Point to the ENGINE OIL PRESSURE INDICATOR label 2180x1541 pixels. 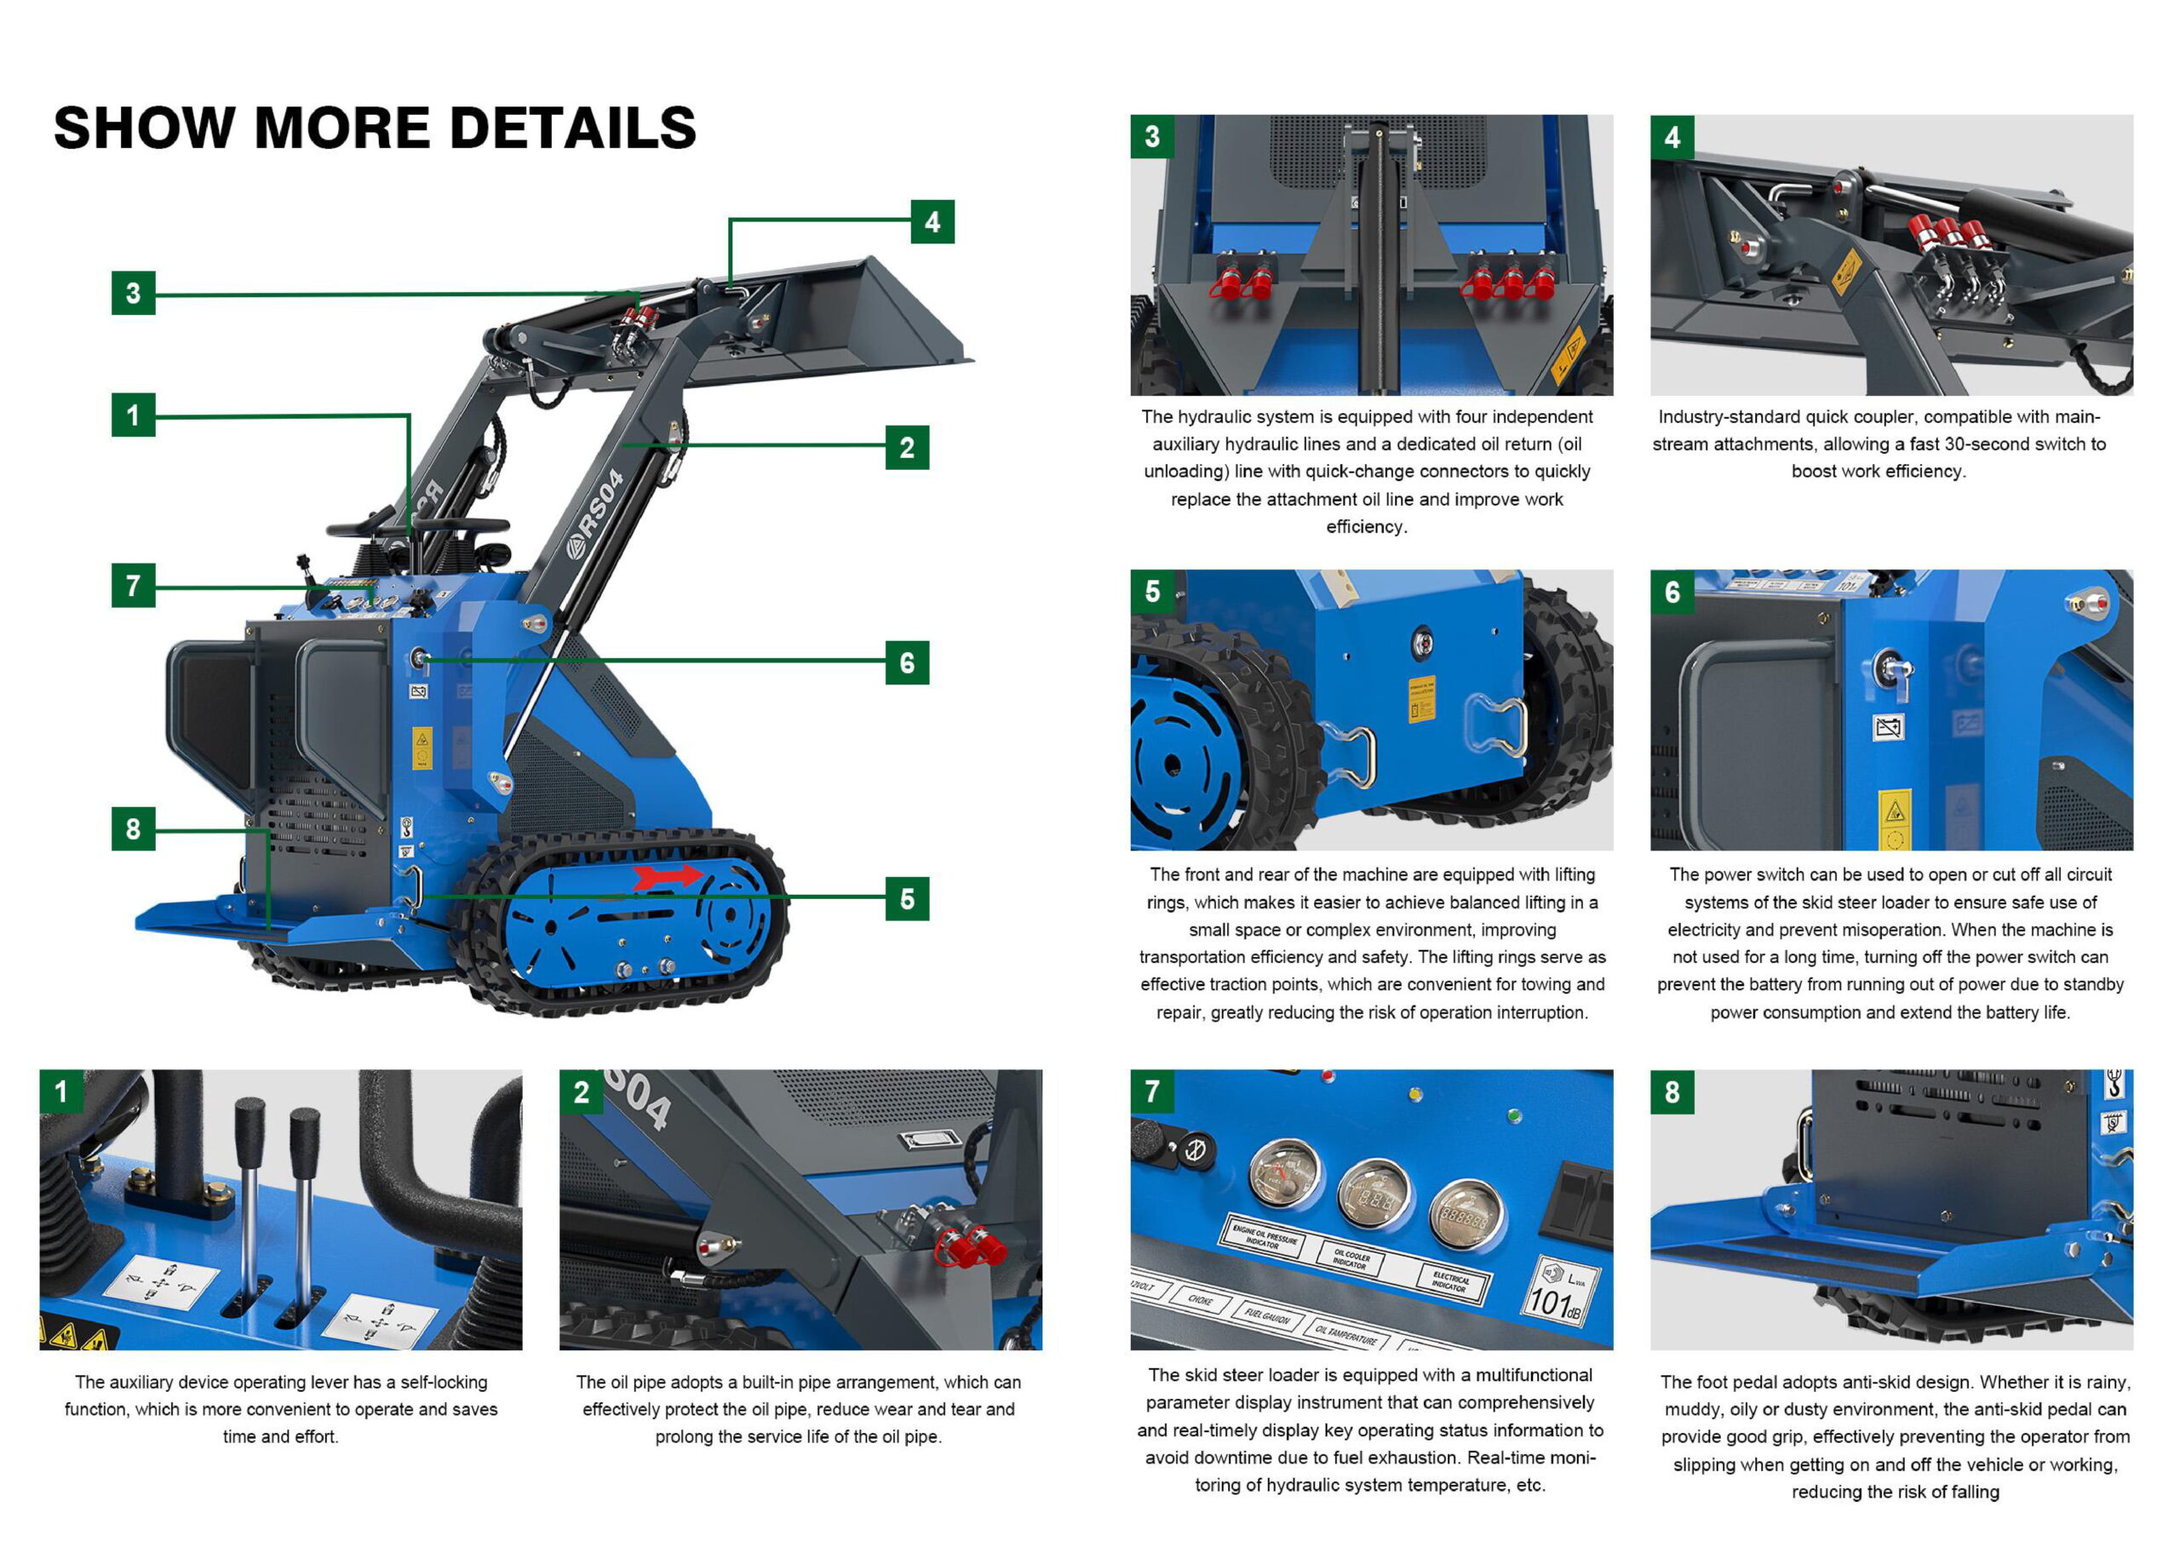coord(1264,1236)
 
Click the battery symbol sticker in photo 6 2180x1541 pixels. coord(1889,727)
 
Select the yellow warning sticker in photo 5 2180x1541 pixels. coord(1420,700)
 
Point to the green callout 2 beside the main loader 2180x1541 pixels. coord(907,447)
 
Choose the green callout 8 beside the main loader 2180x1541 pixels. coord(133,829)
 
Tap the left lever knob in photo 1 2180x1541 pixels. coord(250,1126)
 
